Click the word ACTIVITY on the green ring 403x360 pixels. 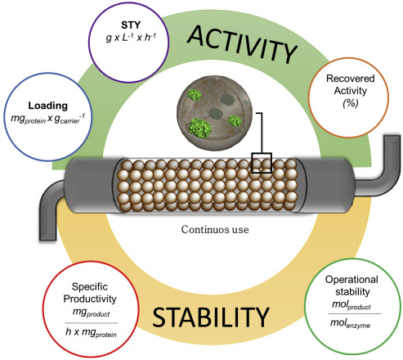(x=242, y=45)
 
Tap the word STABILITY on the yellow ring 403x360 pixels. (x=211, y=317)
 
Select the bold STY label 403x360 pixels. (x=131, y=25)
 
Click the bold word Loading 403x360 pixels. (x=48, y=106)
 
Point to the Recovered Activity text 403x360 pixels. (x=351, y=84)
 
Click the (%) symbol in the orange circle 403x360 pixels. (x=351, y=103)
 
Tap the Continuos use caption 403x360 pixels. (x=215, y=229)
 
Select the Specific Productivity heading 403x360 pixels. (x=90, y=293)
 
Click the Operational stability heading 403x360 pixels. (x=352, y=286)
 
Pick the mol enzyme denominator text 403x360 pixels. (x=350, y=323)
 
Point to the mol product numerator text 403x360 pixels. (x=352, y=305)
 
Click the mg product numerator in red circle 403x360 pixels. (x=91, y=313)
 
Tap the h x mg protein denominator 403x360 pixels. (x=91, y=333)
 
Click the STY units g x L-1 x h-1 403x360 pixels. (x=131, y=38)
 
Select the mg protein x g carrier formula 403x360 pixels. (x=48, y=119)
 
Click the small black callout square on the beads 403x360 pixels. (x=262, y=163)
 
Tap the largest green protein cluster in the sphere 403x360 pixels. (x=200, y=128)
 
